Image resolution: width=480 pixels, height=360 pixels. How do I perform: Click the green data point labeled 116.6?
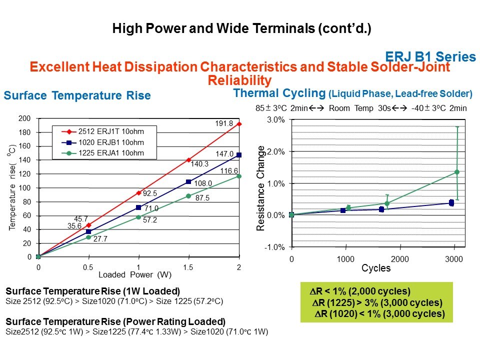(239, 176)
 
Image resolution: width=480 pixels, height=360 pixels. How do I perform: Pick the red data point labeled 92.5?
(138, 193)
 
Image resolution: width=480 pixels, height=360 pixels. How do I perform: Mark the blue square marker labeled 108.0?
(188, 181)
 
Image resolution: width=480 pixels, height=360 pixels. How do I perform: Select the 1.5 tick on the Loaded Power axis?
(188, 267)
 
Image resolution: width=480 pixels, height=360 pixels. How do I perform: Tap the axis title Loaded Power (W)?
(135, 275)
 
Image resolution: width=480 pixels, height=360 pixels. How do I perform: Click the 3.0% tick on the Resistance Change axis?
(275, 120)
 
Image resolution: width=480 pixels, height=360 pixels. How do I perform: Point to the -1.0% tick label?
(274, 247)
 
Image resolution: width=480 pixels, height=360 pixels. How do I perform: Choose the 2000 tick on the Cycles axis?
(399, 260)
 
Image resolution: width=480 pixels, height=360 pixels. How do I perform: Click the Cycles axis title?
(376, 268)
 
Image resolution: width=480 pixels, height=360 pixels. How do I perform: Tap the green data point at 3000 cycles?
(456, 172)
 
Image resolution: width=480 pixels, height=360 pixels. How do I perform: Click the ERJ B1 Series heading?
(430, 56)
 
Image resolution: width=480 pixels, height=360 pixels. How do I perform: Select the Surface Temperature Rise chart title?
(77, 96)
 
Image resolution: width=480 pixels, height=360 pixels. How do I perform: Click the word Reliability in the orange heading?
(239, 80)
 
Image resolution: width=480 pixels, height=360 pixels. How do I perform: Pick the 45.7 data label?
(81, 218)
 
